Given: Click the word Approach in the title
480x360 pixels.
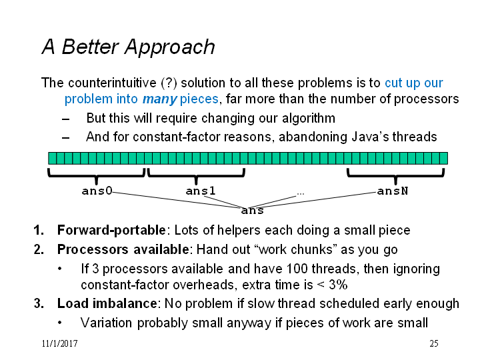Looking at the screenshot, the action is coord(169,47).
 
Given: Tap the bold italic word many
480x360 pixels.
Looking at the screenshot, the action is coord(159,99).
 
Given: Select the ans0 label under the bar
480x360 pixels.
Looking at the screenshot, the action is coord(97,191).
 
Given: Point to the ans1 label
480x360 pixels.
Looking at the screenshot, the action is coord(201,191).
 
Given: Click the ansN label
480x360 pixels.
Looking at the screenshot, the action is coord(393,191).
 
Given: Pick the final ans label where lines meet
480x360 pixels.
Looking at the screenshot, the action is coord(252,211).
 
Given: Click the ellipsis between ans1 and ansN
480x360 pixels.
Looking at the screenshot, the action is coord(300,193).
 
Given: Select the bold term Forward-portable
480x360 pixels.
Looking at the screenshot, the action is coord(111,230).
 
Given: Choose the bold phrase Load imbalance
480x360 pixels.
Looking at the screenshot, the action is coord(107,304).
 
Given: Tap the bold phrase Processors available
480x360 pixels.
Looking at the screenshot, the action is coord(123,249).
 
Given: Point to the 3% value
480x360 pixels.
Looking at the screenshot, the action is coord(338,285).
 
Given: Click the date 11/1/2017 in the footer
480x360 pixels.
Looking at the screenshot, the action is coord(60,343).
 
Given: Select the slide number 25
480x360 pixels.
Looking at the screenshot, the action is coord(434,343).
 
